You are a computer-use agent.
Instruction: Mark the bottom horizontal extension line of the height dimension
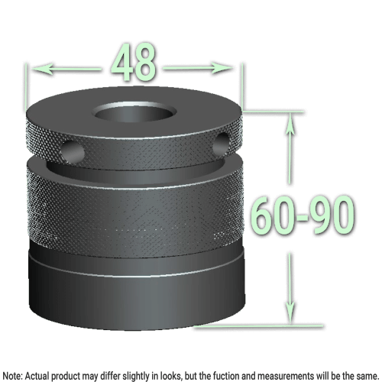pos(260,325)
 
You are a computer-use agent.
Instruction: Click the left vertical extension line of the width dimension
pos(28,84)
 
